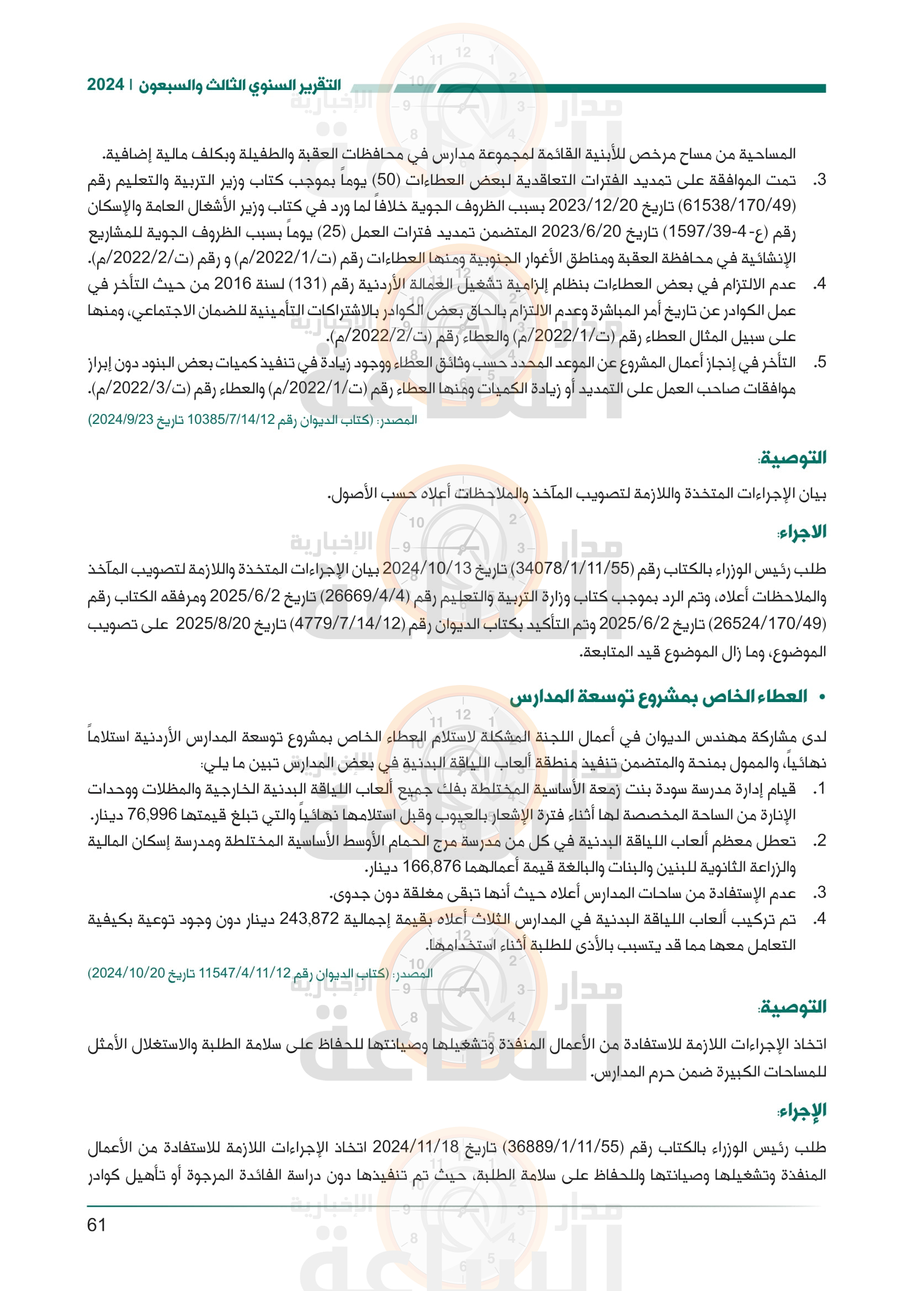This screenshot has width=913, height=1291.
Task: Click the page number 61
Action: coord(97,1224)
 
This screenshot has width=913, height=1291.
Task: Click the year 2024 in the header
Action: coord(105,85)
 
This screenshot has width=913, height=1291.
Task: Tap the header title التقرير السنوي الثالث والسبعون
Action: coord(240,86)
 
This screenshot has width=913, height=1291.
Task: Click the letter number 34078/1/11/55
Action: coord(574,569)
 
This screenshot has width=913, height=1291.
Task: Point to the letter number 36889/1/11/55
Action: coord(562,1146)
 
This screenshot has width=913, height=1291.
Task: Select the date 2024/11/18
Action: coord(416,1146)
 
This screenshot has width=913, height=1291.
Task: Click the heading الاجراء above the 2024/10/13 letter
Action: coord(801,532)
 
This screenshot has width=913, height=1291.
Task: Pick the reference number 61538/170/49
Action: coord(738,206)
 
